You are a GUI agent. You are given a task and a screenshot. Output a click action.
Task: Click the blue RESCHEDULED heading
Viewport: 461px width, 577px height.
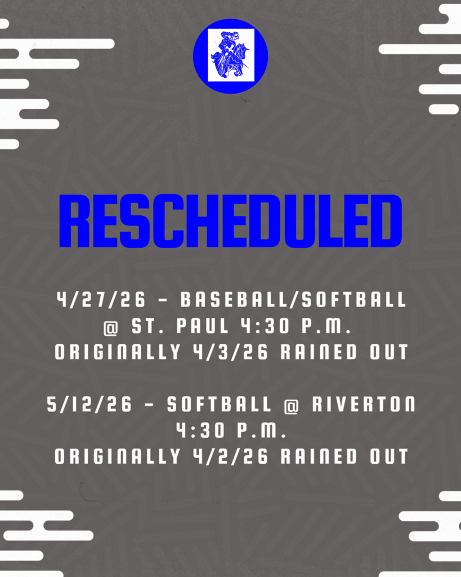pos(230,221)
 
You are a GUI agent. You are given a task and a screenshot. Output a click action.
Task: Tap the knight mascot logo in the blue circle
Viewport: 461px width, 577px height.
pos(230,56)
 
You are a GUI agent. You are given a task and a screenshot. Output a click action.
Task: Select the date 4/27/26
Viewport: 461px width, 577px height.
pos(101,300)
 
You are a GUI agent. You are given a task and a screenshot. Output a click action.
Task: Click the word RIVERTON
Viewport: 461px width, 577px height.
pos(360,405)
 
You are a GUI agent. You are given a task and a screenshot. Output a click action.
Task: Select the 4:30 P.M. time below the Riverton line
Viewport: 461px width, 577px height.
pos(231,431)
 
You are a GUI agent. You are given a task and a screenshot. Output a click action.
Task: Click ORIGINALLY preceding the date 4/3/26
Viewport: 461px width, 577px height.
pos(117,352)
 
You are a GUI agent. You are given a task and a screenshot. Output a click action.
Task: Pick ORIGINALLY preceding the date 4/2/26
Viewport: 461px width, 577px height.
pos(117,456)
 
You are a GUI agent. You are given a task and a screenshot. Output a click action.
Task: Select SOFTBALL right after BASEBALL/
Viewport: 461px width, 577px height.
pos(354,300)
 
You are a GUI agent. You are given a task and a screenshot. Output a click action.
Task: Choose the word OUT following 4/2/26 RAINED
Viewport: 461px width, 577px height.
pos(388,456)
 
